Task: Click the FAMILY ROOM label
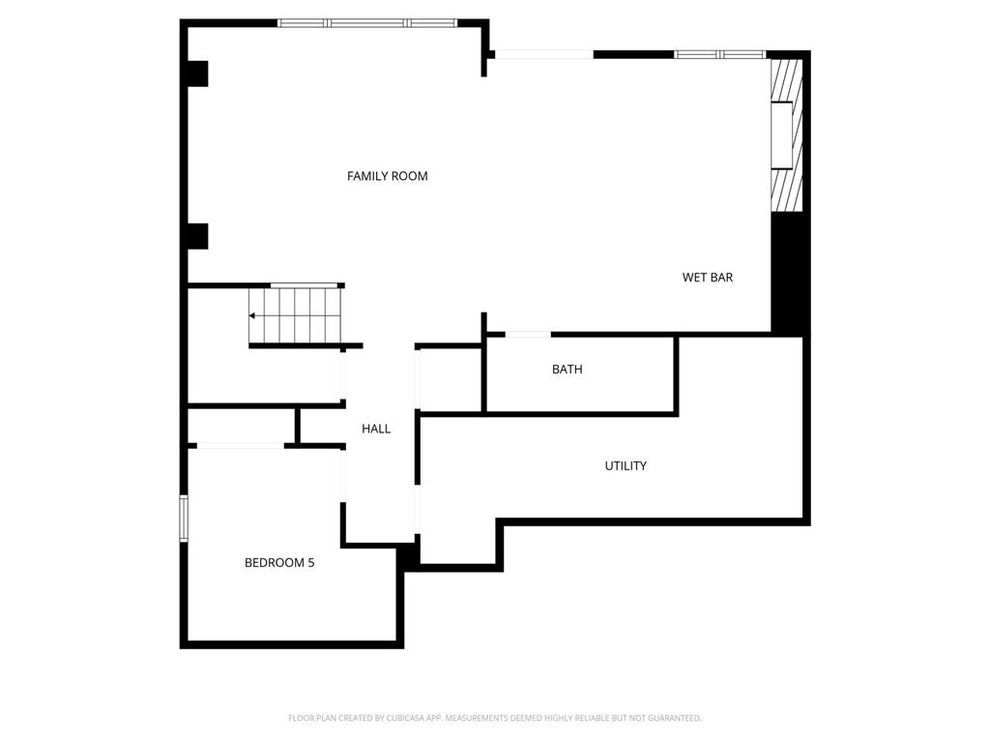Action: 387,176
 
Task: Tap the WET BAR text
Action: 707,278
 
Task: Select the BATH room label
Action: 567,370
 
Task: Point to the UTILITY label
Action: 626,466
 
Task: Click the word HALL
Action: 376,429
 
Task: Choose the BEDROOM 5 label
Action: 278,562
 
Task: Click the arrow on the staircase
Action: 253,315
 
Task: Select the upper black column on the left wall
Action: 196,74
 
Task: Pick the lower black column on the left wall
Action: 196,236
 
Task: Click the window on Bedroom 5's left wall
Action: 184,518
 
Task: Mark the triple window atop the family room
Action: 366,23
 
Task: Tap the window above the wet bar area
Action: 719,54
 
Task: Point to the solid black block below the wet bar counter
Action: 789,273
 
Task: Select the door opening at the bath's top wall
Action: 528,335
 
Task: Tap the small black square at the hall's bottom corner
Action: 408,555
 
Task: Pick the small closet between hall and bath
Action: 450,379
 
